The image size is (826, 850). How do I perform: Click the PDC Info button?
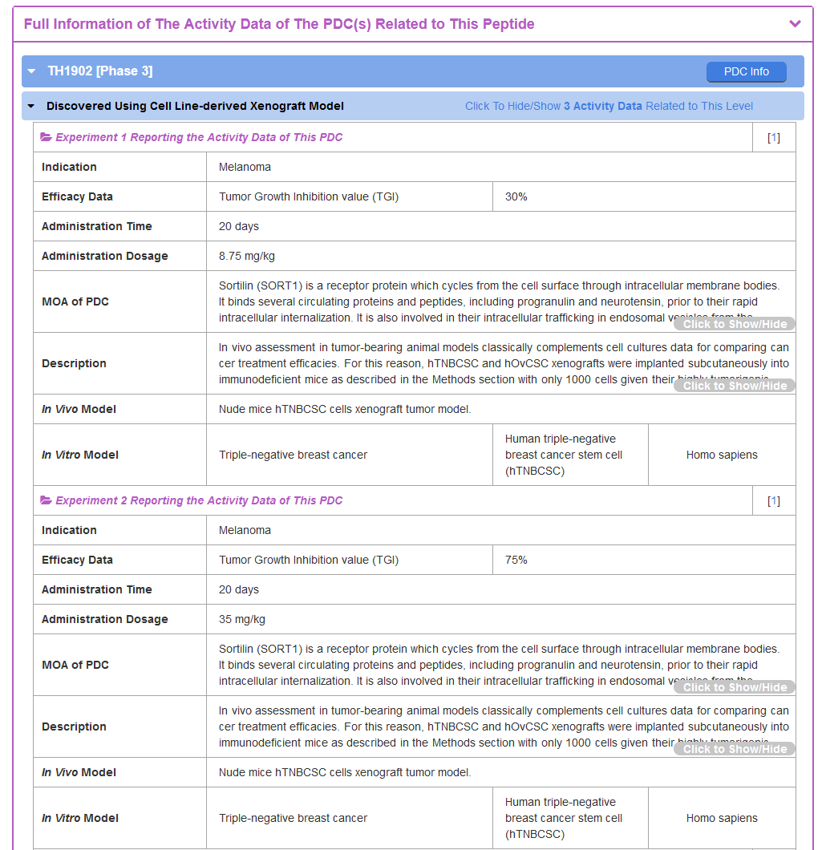coord(746,71)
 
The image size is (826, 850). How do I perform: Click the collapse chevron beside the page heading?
coord(795,24)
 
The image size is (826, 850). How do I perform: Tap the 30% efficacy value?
coord(516,196)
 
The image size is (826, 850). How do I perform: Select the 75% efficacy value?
coord(516,560)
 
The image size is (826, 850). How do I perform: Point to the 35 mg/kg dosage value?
coord(242,619)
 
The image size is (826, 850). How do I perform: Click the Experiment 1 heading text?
coord(199,137)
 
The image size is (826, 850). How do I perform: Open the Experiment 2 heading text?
coord(199,500)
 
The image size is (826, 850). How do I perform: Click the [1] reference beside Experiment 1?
coord(774,137)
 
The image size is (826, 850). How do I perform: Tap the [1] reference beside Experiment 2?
coord(774,501)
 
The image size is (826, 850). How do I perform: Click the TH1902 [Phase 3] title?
coord(99,71)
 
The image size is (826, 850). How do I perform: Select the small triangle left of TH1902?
coord(31,71)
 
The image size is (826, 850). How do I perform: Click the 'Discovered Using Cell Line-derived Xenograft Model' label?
coord(195,106)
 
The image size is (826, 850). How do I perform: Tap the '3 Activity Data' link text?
coord(603,106)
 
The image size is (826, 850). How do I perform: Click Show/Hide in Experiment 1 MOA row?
coord(735,324)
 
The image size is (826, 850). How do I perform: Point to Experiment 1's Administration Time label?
coord(96,226)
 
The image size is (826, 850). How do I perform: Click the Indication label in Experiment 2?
coord(69,530)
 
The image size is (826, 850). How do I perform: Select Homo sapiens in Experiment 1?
coord(722,455)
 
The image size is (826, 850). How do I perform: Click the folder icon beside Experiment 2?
coord(46,500)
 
